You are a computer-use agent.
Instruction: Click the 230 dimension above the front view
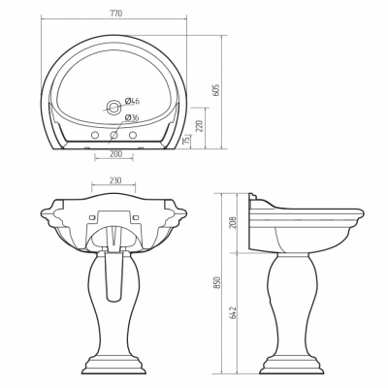click(115, 180)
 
